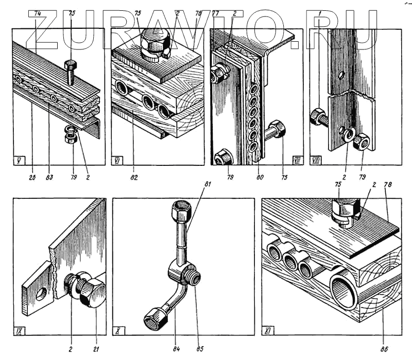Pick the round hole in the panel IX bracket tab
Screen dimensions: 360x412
pos(40,294)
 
